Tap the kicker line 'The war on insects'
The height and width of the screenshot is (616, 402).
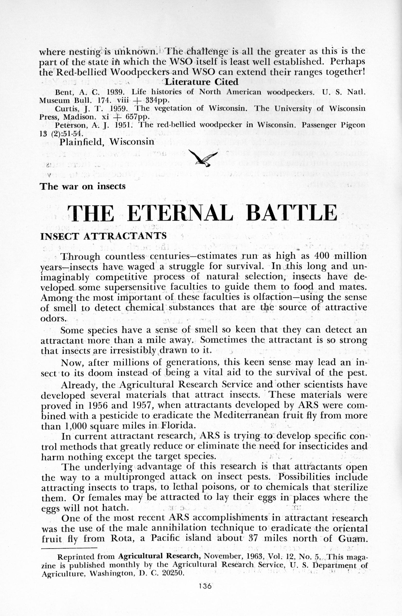click(x=83, y=186)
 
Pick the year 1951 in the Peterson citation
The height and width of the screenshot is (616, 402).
click(x=124, y=125)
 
